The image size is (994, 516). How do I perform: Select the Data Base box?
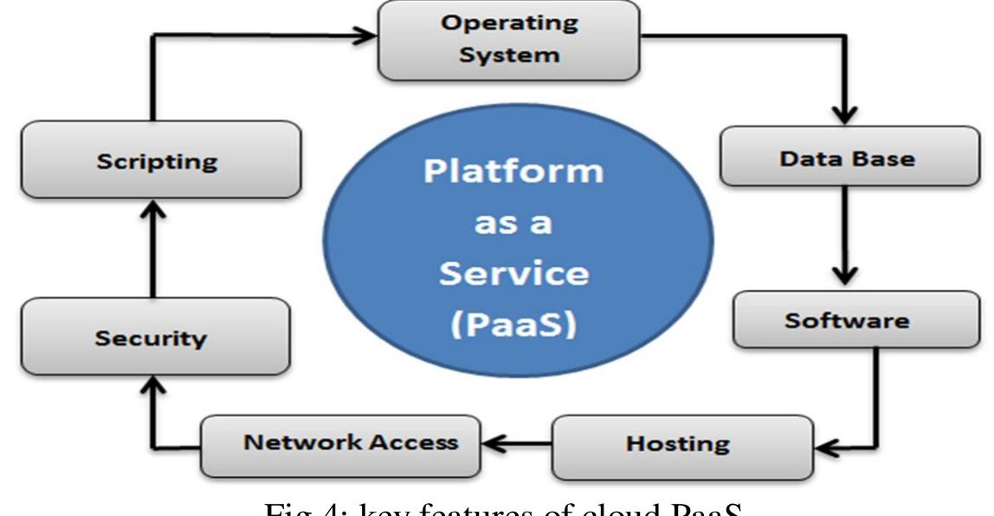click(846, 158)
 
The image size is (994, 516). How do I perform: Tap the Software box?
click(846, 320)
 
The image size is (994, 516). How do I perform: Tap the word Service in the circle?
click(513, 274)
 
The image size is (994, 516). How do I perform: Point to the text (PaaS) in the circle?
click(513, 326)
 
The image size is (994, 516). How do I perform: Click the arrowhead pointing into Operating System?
click(366, 37)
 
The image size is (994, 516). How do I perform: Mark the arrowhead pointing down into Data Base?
click(844, 114)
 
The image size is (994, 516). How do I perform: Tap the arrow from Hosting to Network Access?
click(515, 444)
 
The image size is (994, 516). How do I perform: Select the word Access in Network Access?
click(414, 442)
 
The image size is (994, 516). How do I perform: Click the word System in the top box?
click(509, 55)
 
